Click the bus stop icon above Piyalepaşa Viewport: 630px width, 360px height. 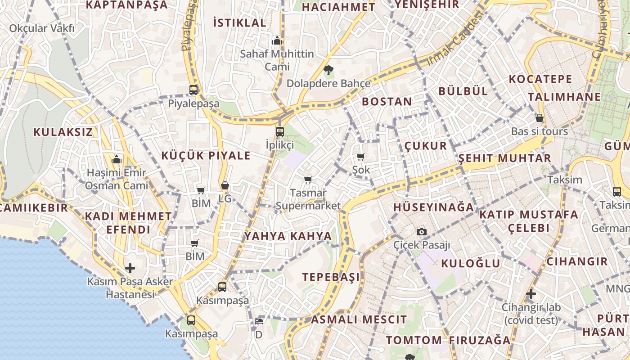pyautogui.click(x=193, y=90)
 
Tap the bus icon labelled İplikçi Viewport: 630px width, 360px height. pyautogui.click(x=280, y=132)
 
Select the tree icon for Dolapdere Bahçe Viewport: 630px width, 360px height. pyautogui.click(x=328, y=70)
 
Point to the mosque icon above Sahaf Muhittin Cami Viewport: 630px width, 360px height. pyautogui.click(x=277, y=40)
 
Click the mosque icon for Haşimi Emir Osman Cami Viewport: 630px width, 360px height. pyautogui.click(x=117, y=159)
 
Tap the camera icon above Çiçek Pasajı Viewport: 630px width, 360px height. pyautogui.click(x=422, y=232)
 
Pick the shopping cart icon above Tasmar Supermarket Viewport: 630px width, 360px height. pyautogui.click(x=308, y=180)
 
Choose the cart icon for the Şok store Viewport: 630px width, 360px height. pyautogui.click(x=360, y=157)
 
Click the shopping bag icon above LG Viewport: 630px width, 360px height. pyautogui.click(x=225, y=185)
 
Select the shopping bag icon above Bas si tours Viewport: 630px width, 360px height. pyautogui.click(x=540, y=118)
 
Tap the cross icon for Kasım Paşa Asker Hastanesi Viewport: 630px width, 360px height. pyautogui.click(x=130, y=269)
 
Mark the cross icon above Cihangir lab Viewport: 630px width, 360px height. pyautogui.click(x=531, y=294)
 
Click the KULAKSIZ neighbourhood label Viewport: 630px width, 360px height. pyautogui.click(x=63, y=132)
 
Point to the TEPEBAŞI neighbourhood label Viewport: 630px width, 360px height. pyautogui.click(x=331, y=277)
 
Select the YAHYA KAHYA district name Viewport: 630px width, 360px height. pyautogui.click(x=288, y=236)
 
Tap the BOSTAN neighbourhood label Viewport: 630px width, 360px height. pyautogui.click(x=387, y=102)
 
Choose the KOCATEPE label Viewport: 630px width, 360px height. pyautogui.click(x=540, y=80)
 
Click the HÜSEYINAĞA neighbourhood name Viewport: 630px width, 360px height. pyautogui.click(x=434, y=207)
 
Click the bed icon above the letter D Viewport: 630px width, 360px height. pyautogui.click(x=259, y=321)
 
